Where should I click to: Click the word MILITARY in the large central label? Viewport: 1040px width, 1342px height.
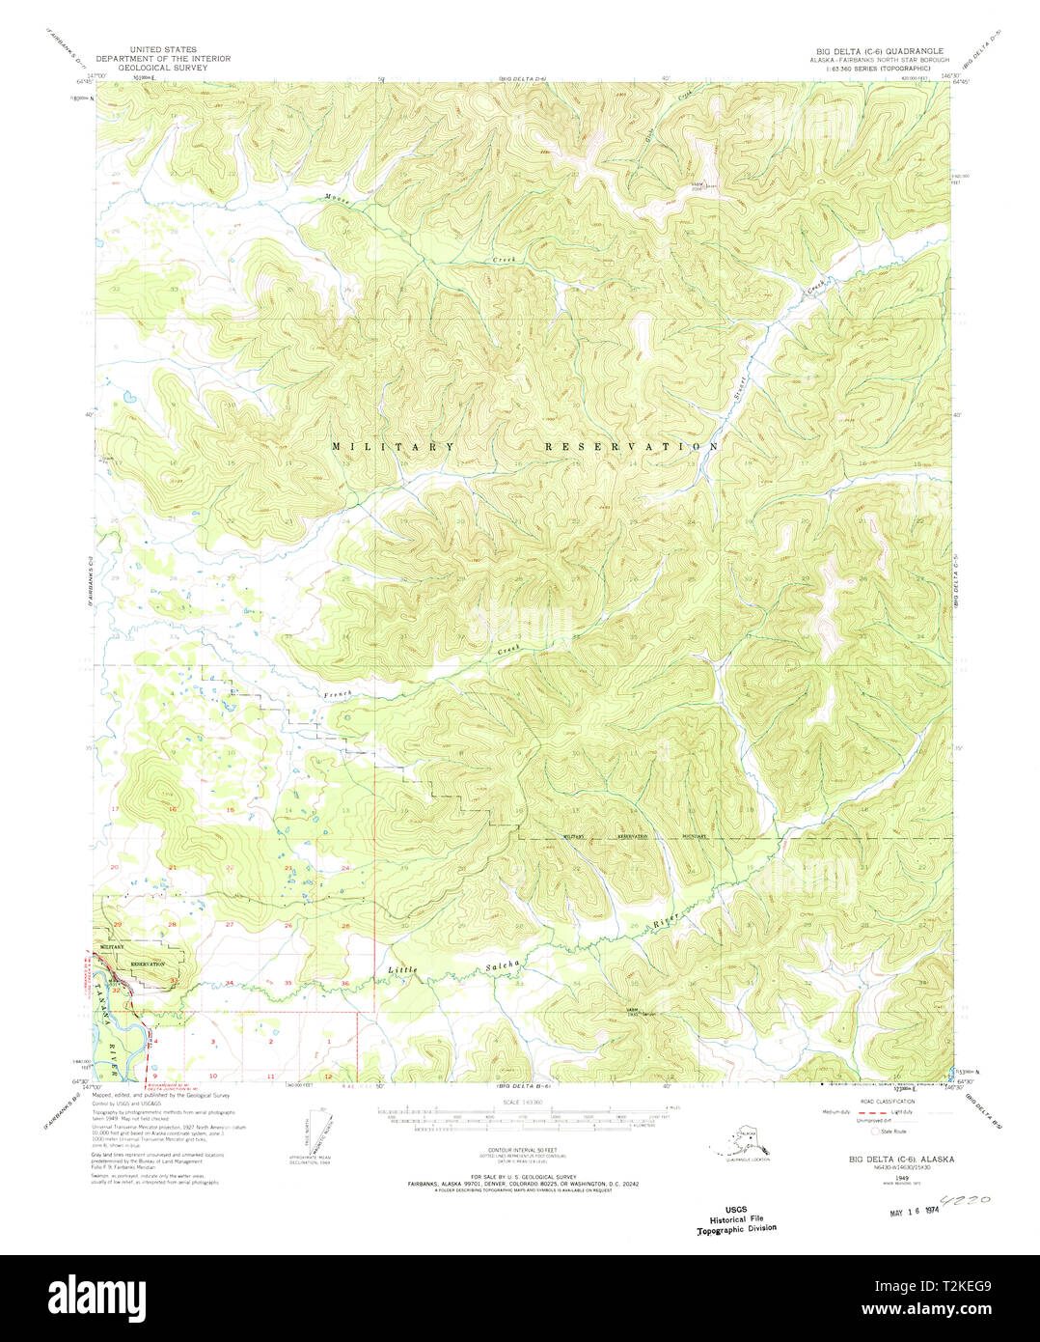pos(394,447)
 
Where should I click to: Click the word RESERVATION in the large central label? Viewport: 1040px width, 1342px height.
pos(632,447)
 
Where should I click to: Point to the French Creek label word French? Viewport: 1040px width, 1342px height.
pos(338,694)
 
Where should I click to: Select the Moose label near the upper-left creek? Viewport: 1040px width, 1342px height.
pos(337,198)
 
